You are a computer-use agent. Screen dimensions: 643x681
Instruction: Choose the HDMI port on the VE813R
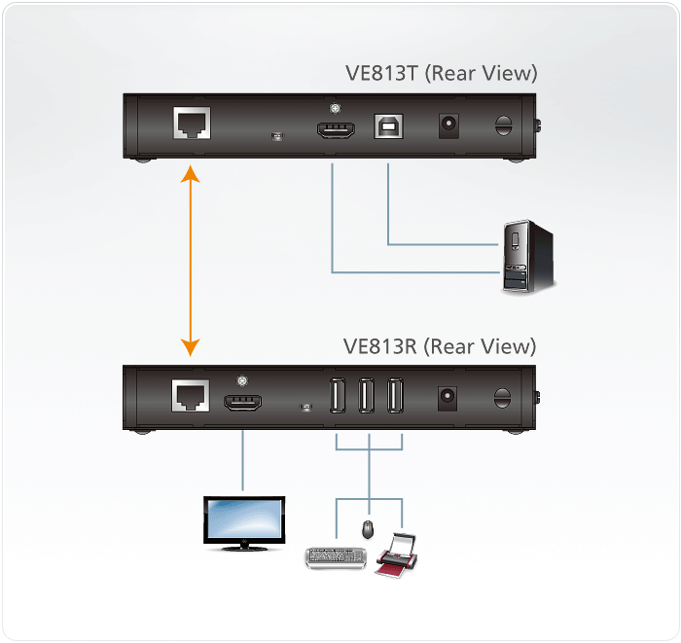(242, 401)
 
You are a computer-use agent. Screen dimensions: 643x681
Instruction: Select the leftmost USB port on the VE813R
(339, 397)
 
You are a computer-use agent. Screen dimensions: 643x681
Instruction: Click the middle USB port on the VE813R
(368, 397)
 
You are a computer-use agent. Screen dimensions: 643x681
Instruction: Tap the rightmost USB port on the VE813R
(396, 397)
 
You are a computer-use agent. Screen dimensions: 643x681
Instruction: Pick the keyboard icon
(336, 557)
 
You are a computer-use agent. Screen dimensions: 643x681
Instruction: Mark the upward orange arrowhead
(191, 175)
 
